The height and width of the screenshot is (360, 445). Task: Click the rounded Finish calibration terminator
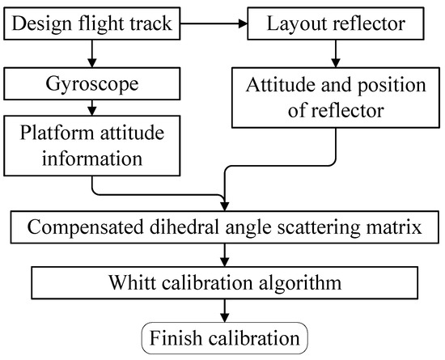(222, 335)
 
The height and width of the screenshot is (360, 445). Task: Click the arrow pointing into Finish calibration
(222, 311)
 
